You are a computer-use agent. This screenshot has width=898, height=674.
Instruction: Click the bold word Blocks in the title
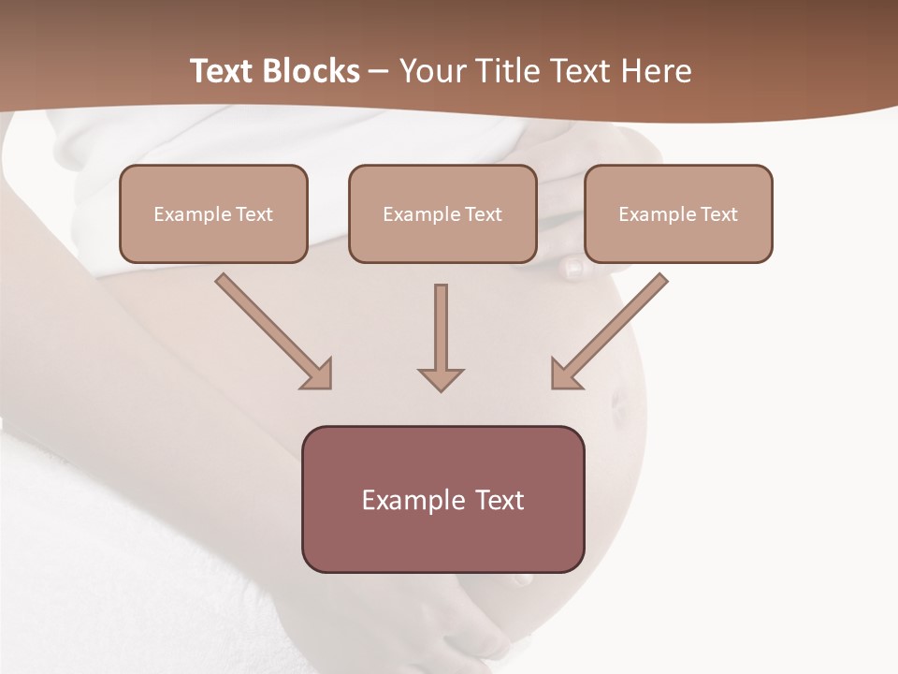[311, 71]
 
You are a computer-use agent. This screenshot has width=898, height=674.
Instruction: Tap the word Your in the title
[433, 71]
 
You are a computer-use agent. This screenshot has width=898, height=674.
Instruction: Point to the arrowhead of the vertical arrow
[441, 379]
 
